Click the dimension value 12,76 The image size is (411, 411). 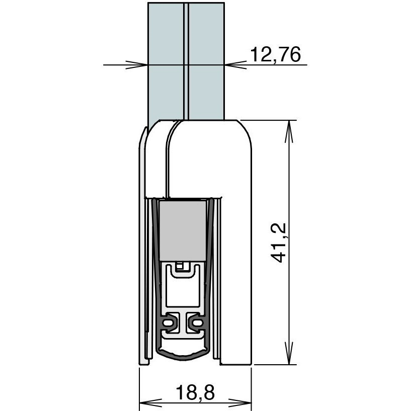click(x=276, y=54)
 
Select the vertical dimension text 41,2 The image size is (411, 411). click(x=278, y=242)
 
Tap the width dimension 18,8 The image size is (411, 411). click(x=195, y=392)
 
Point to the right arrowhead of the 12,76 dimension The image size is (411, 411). click(x=235, y=65)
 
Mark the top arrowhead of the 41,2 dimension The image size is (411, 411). click(x=289, y=132)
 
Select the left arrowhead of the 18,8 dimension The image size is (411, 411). click(x=150, y=402)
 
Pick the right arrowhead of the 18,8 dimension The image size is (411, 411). click(x=240, y=402)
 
